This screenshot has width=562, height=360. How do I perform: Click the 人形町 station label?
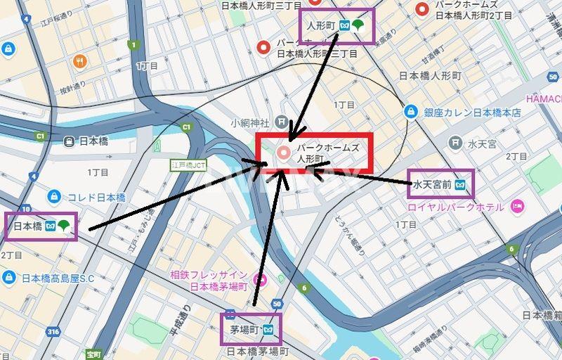pyautogui.click(x=320, y=26)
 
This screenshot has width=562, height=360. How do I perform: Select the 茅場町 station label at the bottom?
pyautogui.click(x=242, y=329)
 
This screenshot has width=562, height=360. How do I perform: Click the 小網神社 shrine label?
pyautogui.click(x=250, y=122)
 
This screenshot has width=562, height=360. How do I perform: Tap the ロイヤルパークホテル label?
pyautogui.click(x=456, y=207)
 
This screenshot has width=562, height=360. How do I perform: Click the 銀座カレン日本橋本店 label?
pyautogui.click(x=472, y=112)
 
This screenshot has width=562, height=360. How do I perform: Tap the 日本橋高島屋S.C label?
pyautogui.click(x=58, y=278)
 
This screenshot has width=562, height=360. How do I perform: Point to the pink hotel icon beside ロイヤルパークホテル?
pyautogui.click(x=517, y=207)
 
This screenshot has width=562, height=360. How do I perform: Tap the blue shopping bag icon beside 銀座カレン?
pyautogui.click(x=411, y=112)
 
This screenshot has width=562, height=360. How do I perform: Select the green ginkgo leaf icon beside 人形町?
pyautogui.click(x=359, y=26)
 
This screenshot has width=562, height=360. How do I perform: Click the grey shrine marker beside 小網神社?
pyautogui.click(x=282, y=122)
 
